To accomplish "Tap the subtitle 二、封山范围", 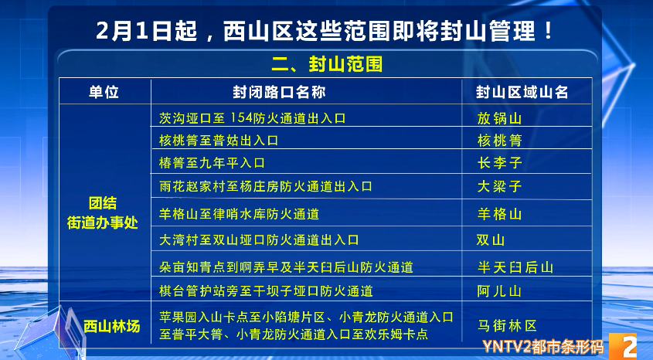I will tap(325, 63).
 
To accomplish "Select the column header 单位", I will tap(104, 92).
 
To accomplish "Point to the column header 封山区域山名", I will tap(522, 92).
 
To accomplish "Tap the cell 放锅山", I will tap(499, 119).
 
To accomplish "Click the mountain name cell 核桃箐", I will tap(499, 141).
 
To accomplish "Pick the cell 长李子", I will tap(499, 163).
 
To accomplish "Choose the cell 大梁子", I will tap(499, 186).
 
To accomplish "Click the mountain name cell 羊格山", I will tap(499, 214).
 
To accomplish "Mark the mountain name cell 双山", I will tap(491, 240).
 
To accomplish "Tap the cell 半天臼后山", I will tap(515, 267).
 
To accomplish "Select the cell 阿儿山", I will tap(499, 291).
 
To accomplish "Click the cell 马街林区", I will tap(508, 326).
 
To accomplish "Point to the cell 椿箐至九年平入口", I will tap(212, 163).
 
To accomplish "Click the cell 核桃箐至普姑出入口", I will tap(218, 141).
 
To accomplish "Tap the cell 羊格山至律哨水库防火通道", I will tap(239, 214).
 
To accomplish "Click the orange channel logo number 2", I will tap(629, 346).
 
